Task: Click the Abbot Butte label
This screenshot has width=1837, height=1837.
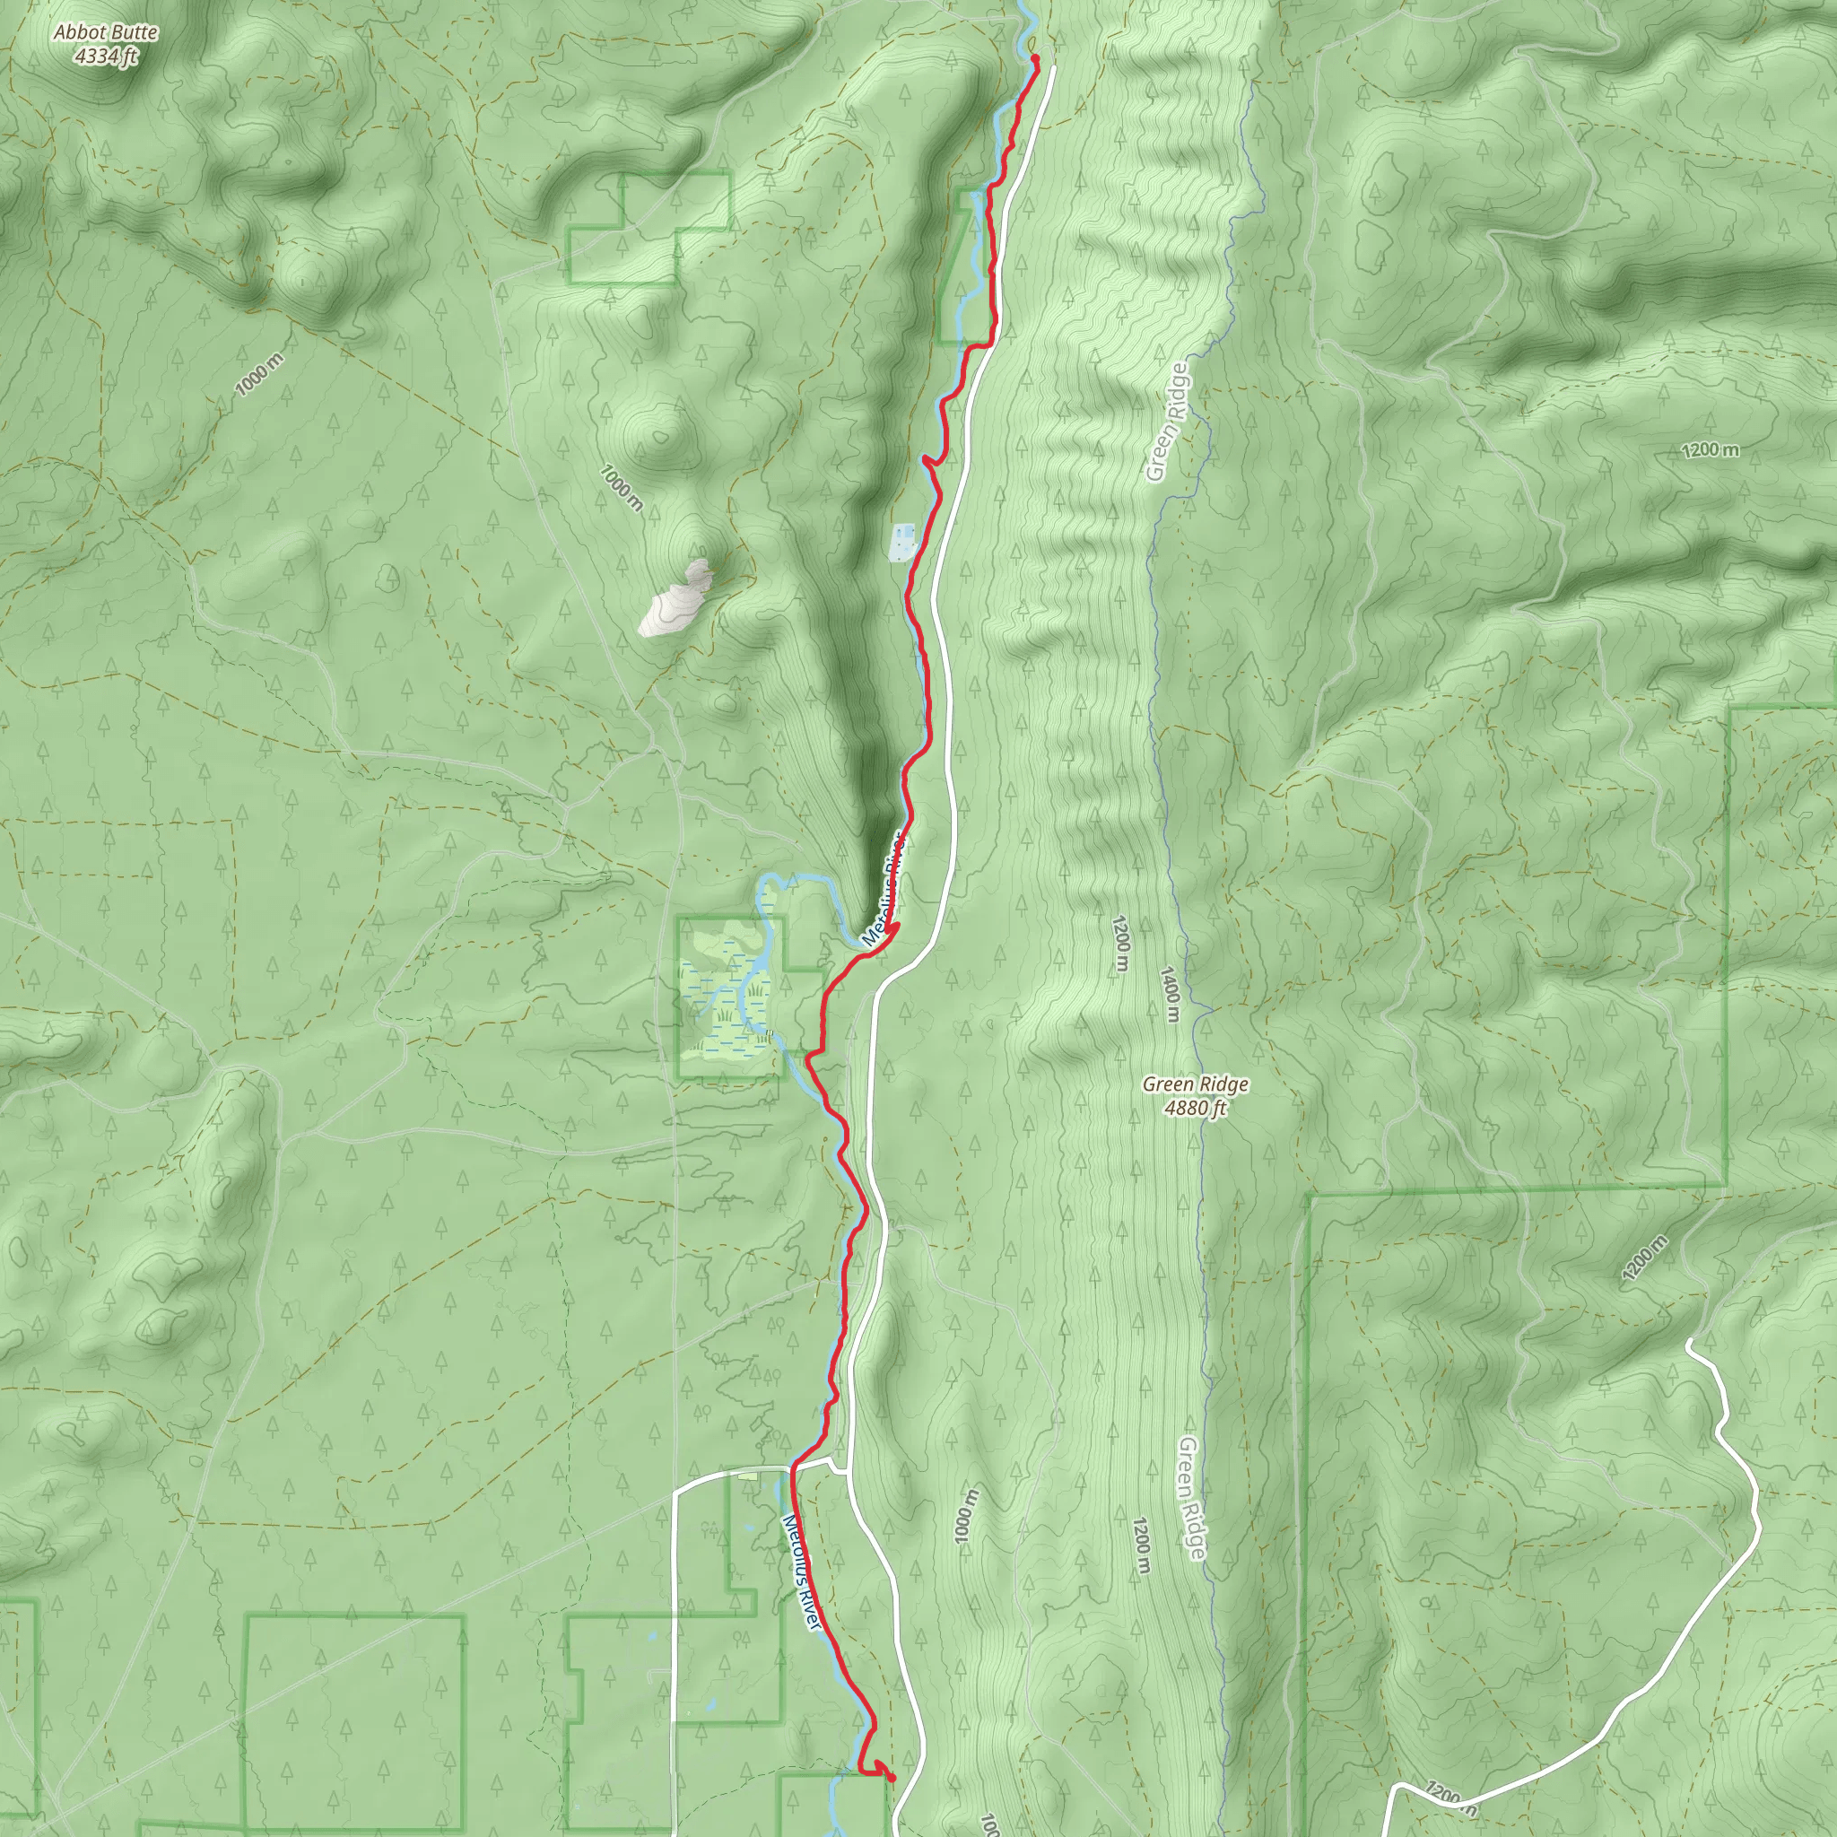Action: (x=106, y=32)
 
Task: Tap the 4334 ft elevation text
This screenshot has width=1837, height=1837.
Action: (x=106, y=57)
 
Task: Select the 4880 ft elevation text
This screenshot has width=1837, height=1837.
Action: (x=1195, y=1108)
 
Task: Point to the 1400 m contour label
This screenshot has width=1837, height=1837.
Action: (x=1170, y=994)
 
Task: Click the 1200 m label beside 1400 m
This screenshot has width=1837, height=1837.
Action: (x=1119, y=944)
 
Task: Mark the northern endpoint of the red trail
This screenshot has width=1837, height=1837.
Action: (x=1034, y=60)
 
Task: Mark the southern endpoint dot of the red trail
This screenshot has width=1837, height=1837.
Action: (x=891, y=1779)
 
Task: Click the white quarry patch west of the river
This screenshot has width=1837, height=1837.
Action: (x=677, y=599)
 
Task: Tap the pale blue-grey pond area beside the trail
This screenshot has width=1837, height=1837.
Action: (x=901, y=540)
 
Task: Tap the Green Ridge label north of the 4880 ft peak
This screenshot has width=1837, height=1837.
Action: (x=1167, y=422)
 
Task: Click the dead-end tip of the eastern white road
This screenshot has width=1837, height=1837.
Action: (x=1689, y=1344)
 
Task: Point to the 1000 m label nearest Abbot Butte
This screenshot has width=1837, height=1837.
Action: (x=258, y=374)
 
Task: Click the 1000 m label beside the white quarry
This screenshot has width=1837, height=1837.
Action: (x=621, y=487)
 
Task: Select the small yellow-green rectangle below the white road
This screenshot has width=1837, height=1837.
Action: (x=748, y=1476)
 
